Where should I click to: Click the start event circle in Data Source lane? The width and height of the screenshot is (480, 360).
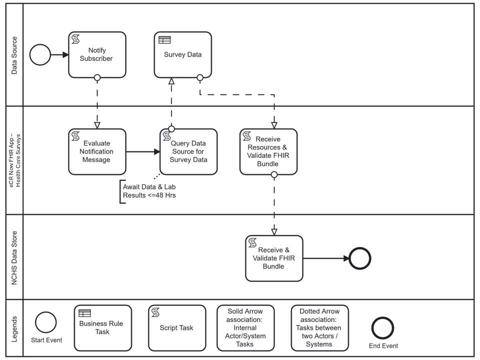coord(40,55)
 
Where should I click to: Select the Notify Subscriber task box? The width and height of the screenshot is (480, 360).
coord(97,55)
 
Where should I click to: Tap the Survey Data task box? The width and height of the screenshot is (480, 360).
coord(182,55)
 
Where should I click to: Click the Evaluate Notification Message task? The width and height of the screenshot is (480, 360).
coord(97,151)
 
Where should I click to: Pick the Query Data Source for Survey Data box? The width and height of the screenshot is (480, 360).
coord(188,151)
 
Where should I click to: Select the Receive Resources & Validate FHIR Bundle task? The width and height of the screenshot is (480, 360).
coord(268,151)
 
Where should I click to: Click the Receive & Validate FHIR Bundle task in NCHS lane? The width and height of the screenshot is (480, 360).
coord(274,258)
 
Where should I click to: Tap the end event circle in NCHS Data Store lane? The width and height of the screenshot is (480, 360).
coord(360,258)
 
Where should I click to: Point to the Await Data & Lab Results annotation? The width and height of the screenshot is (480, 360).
coord(149,191)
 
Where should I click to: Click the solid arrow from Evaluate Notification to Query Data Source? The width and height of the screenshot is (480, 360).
coord(142,151)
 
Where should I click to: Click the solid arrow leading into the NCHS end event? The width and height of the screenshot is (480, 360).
coord(325,258)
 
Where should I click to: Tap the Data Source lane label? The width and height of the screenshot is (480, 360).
coord(14,55)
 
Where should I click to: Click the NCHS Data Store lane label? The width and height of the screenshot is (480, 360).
coord(14,257)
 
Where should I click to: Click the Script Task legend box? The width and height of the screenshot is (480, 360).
coord(177,327)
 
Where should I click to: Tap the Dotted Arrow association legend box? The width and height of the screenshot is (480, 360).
coord(320,327)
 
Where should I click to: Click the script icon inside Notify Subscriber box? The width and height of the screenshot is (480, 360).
coord(76,39)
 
